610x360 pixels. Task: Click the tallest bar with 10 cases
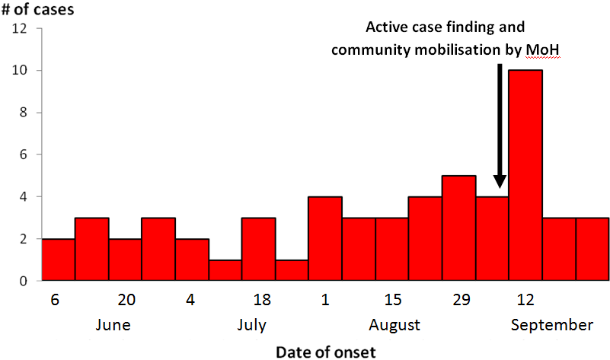(525, 175)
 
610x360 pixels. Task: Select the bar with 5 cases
(458, 228)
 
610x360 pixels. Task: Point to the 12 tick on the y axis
(21, 29)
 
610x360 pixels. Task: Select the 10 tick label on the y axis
(21, 71)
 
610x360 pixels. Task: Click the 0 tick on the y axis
(24, 282)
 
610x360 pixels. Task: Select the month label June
(113, 325)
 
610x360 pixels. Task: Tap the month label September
(552, 325)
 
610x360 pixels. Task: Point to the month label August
(394, 325)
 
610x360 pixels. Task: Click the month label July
(251, 325)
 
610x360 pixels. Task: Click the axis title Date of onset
(325, 351)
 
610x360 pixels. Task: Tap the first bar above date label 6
(58, 260)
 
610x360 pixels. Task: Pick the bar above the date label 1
(324, 239)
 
